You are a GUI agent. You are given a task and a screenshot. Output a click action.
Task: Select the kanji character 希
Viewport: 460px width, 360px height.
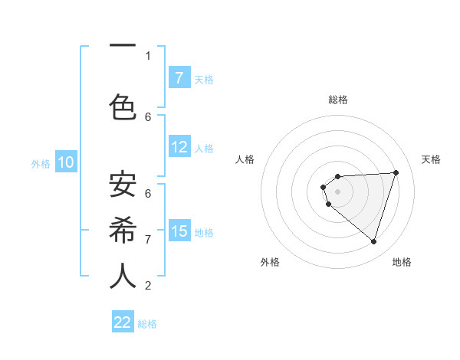pos(123,230)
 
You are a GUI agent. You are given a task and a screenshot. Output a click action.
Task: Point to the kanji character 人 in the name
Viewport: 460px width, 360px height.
pos(123,277)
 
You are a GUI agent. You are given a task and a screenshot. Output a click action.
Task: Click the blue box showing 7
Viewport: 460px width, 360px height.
pos(179,77)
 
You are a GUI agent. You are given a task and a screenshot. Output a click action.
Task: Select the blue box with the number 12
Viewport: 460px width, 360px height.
pos(179,147)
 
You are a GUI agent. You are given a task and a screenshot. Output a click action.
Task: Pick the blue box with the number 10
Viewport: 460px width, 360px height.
pos(65,162)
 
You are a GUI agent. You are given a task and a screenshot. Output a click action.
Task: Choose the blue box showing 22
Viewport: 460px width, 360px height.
pos(123,322)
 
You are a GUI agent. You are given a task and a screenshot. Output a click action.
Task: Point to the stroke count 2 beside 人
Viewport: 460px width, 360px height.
pos(148,286)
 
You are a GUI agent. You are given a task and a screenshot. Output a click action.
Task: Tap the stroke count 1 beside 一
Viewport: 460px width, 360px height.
pos(148,56)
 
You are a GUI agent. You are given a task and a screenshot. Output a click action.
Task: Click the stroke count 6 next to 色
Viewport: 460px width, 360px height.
pos(148,116)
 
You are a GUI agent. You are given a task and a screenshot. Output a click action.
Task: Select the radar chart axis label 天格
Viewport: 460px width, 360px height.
pos(431,159)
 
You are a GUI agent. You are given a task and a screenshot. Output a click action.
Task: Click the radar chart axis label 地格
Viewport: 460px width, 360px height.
pos(402,262)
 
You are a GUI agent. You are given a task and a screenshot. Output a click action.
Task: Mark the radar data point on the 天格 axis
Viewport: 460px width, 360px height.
pos(396,172)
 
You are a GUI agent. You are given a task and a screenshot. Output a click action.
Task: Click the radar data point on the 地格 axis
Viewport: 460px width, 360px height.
pos(373,242)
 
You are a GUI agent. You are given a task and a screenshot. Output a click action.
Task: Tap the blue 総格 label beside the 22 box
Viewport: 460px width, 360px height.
pos(147,324)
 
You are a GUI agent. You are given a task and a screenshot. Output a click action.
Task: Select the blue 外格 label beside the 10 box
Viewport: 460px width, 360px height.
pos(40,164)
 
